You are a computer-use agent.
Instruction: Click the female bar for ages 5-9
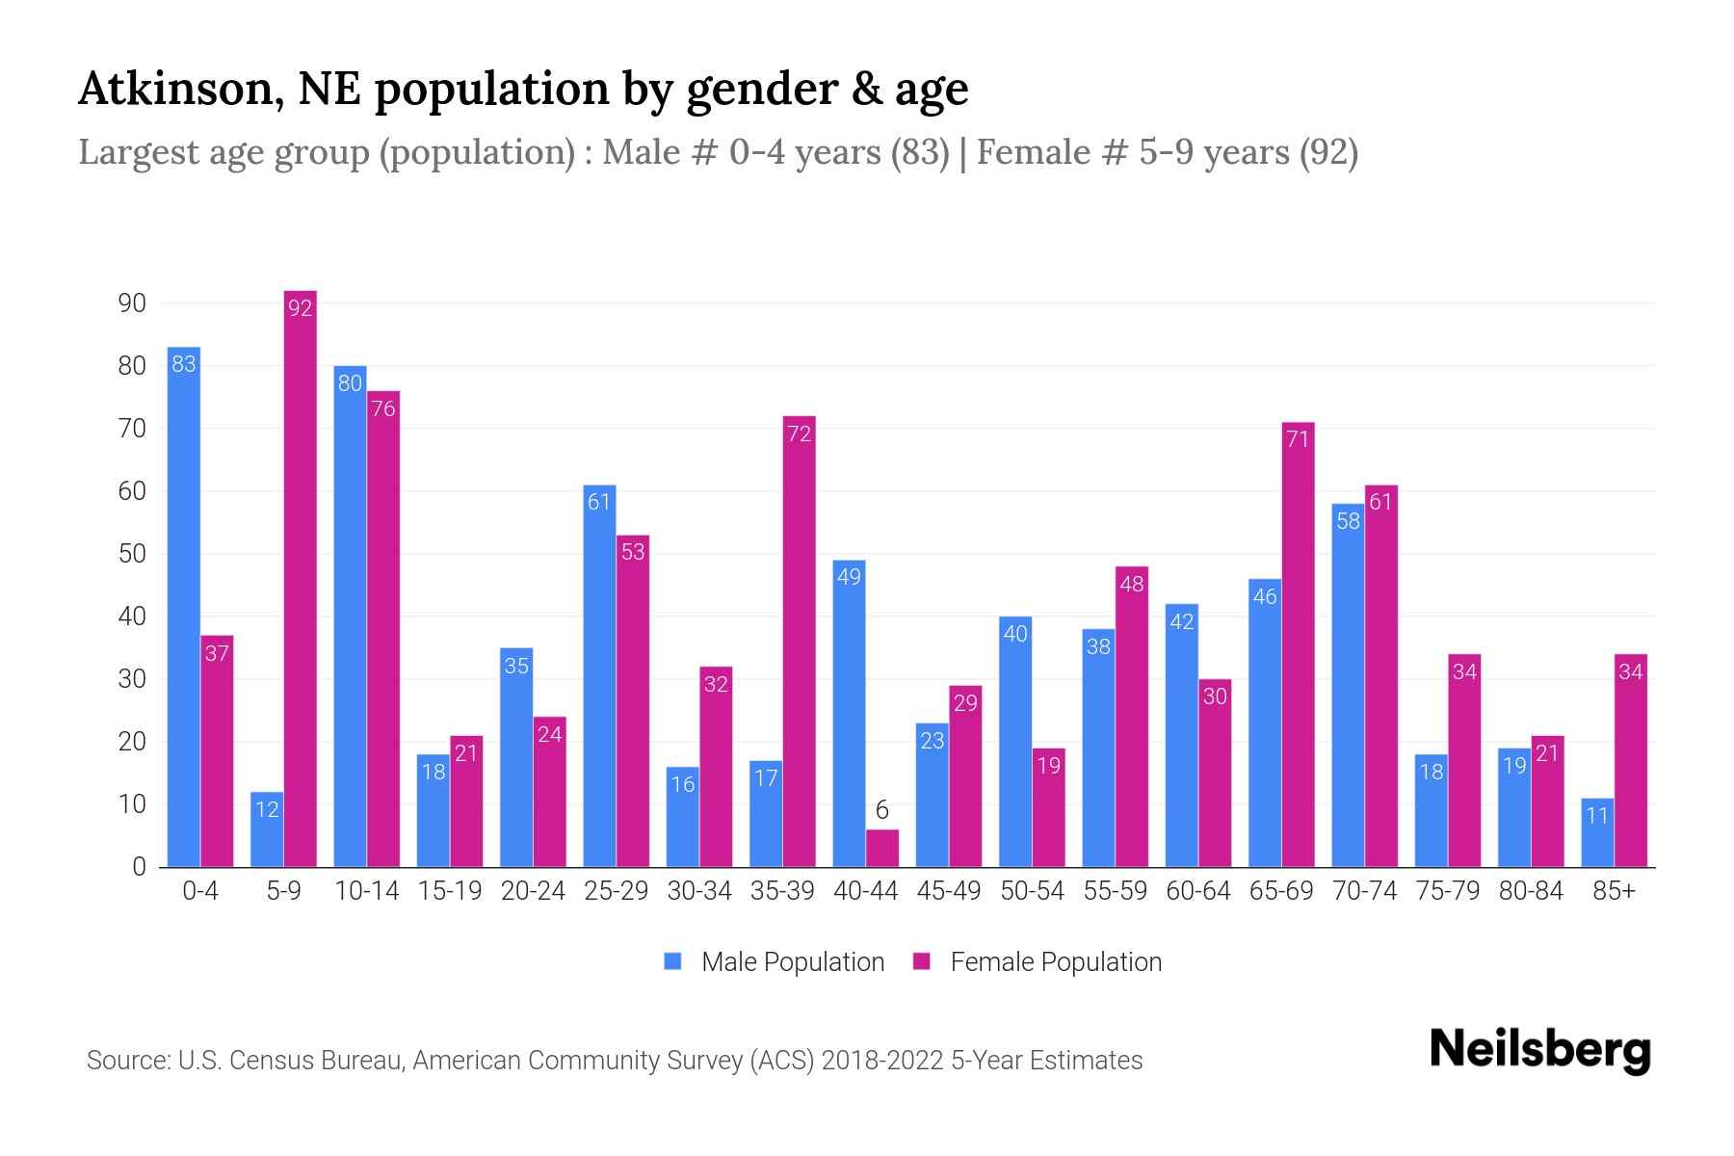301,578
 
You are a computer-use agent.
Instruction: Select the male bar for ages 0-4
184,607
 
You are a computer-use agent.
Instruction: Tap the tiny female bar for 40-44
881,849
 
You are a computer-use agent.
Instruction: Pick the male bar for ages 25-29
599,674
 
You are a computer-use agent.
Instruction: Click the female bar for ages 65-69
1298,645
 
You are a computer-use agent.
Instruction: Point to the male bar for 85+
1597,833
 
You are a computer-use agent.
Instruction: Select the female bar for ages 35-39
799,641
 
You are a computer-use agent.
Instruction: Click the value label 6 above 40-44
881,810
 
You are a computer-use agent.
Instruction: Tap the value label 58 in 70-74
1348,521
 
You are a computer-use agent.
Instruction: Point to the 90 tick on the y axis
132,303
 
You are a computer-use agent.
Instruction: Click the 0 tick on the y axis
140,867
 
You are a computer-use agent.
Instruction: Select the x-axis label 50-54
1032,891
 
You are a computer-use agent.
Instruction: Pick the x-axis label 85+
1614,891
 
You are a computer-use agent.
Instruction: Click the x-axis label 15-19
450,891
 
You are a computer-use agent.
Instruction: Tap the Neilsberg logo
1539,1050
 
